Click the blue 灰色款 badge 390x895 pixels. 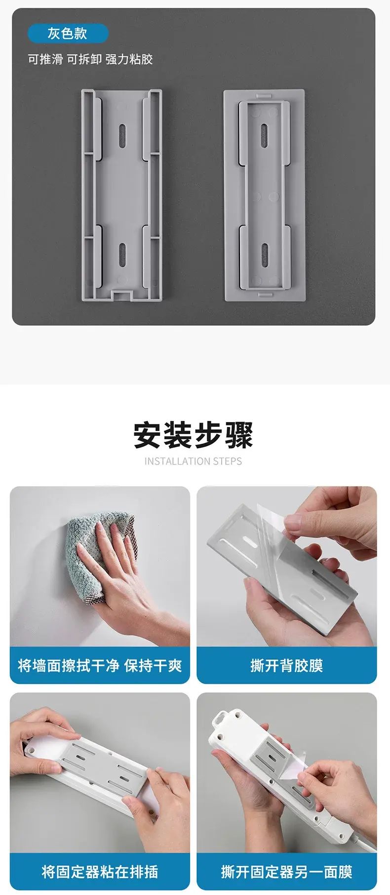coord(68,34)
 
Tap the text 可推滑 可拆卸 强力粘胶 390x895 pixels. coord(90,59)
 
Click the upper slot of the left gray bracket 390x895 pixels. coord(122,135)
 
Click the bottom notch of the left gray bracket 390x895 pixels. coord(122,296)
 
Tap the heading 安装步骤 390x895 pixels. coord(194,435)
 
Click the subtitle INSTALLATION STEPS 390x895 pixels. coord(194,461)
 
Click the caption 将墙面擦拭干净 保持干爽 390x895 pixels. coord(100,665)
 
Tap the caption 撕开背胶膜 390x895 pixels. coord(286,665)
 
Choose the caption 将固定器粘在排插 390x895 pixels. coord(100,871)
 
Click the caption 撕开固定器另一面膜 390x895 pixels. coord(286,871)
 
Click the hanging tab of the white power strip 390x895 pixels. coord(228,719)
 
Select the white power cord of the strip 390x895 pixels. coord(363,835)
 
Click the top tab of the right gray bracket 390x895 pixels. coord(264,93)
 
